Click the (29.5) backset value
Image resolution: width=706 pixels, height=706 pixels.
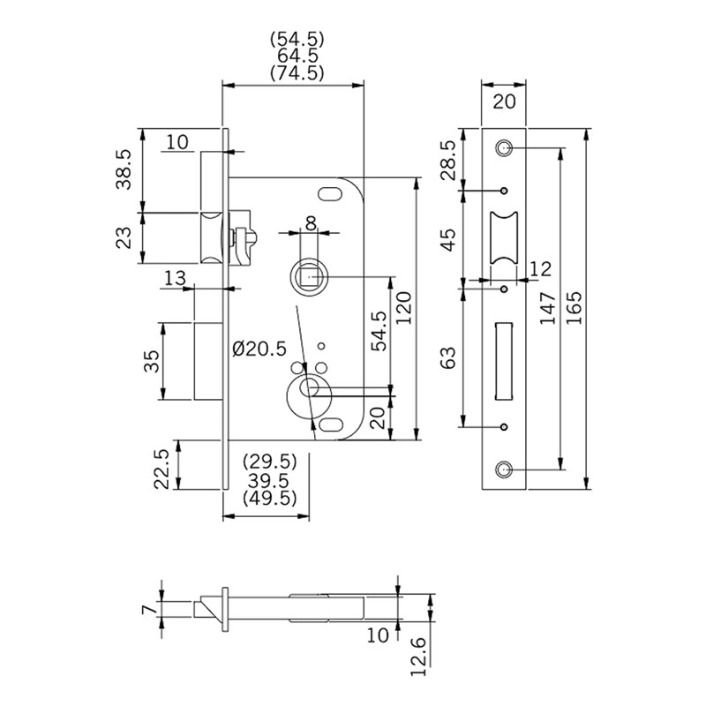[269, 462]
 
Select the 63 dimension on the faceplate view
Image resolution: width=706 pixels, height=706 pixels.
[447, 357]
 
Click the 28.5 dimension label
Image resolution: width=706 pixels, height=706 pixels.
[447, 160]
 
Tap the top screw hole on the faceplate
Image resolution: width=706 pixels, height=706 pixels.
[505, 146]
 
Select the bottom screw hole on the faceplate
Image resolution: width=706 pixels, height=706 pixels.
[505, 469]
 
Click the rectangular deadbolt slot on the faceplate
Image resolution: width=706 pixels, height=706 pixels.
[506, 358]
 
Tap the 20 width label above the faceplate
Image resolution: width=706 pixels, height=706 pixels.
[505, 101]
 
